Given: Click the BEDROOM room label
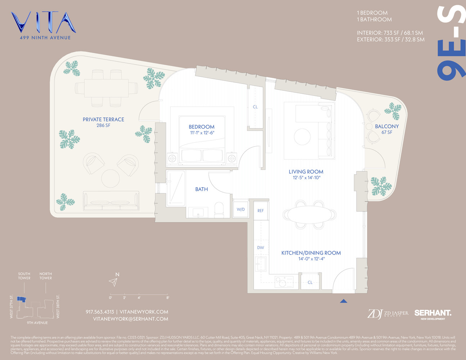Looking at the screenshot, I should coord(201,127).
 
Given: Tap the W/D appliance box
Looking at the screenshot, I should coord(241,209).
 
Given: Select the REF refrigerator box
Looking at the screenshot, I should coord(260,211).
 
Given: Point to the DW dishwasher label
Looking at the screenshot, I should coord(260,248).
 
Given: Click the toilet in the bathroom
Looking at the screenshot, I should coord(219,210).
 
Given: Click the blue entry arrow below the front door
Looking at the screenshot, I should coord(344,301).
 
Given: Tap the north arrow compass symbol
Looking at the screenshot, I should coord(114,282).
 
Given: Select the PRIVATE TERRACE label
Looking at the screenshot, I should coord(103,120).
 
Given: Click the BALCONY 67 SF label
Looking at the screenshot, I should coord(387,129).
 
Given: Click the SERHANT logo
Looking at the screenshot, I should coord(433,313).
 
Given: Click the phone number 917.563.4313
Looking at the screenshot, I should coord(100,312).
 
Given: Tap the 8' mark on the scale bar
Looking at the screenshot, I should coord(167,298).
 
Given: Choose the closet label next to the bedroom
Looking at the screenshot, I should coord(255,107).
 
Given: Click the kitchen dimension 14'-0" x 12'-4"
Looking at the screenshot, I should coord(311,259).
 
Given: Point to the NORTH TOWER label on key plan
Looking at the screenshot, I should coord(46,276).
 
